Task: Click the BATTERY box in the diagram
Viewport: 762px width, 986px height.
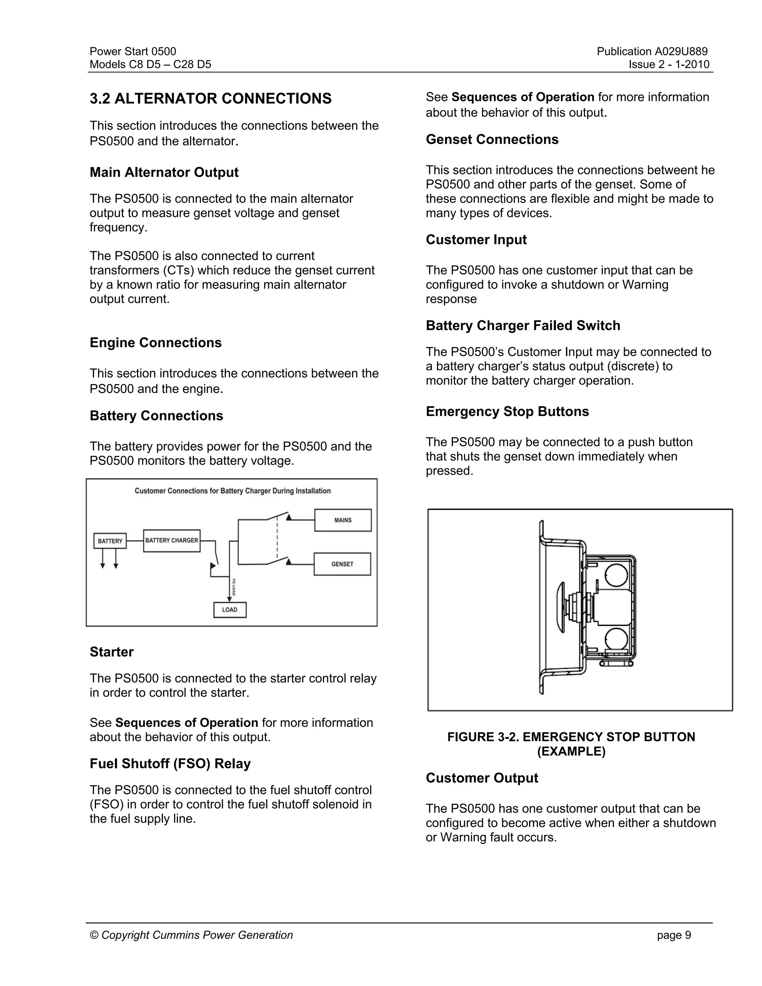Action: point(110,541)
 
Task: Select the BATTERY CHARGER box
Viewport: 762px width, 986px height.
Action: point(172,540)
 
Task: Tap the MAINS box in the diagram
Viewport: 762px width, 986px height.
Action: point(343,520)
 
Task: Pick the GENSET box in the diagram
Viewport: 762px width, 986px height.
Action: point(342,564)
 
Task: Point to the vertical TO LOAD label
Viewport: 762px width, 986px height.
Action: point(233,586)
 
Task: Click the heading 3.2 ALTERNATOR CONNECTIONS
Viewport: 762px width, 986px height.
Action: point(210,99)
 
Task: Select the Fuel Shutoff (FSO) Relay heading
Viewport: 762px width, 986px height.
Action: point(170,763)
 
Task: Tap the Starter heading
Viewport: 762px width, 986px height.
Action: point(112,652)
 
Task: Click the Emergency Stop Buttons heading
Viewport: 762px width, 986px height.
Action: point(507,411)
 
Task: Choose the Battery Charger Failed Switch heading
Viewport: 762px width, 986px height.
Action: point(523,326)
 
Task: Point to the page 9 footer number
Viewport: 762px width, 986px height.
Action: point(673,935)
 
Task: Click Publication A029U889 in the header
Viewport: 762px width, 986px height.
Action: point(652,51)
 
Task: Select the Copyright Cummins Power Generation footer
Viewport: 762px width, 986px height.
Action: point(191,935)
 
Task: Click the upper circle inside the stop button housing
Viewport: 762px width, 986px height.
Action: point(616,575)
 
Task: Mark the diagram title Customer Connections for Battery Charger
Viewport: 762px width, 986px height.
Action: point(233,491)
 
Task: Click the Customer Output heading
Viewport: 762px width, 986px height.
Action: point(482,778)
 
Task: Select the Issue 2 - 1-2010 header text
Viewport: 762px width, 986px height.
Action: point(669,65)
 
